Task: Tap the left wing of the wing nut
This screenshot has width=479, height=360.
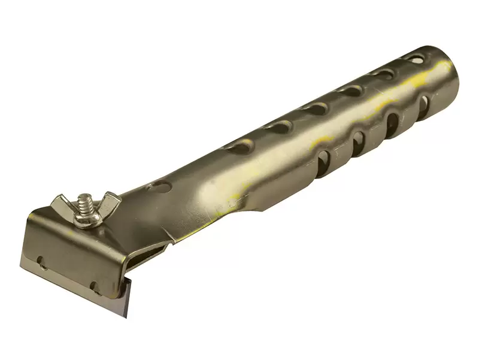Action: [62, 204]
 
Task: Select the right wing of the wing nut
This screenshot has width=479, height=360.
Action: [108, 204]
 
